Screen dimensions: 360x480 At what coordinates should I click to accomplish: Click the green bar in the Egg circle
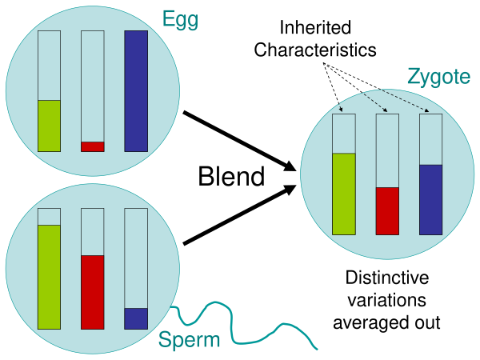[x=49, y=126]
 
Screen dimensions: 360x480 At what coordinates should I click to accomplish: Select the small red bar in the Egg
[x=93, y=146]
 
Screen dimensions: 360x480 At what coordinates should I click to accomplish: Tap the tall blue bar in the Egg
[x=136, y=91]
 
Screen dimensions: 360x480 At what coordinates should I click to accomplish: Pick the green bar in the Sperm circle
[x=49, y=277]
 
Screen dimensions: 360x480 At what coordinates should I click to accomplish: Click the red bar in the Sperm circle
[x=93, y=292]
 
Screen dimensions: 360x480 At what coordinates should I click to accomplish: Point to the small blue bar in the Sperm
[x=136, y=318]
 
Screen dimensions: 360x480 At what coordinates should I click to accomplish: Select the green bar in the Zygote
[x=343, y=194]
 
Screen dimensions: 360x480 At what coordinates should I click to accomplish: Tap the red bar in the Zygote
[x=387, y=210]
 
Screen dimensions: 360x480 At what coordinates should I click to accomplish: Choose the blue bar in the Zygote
[x=430, y=199]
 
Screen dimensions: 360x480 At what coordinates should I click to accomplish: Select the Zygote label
[x=439, y=77]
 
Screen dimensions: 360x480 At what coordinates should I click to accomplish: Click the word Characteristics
[x=314, y=50]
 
